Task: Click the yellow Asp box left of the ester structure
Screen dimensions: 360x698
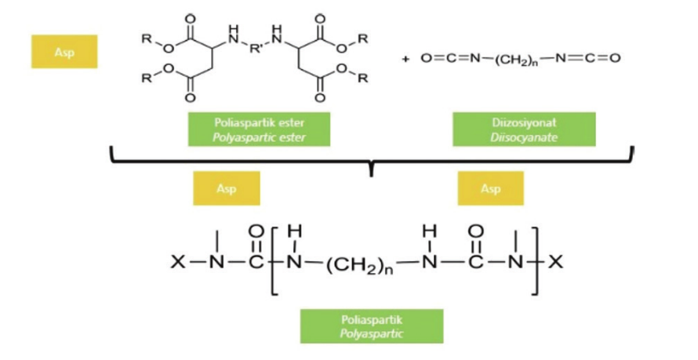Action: pos(64,51)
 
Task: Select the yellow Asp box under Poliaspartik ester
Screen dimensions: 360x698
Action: pos(226,188)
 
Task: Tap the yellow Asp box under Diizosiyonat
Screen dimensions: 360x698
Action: pos(490,188)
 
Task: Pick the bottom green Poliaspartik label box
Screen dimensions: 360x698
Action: pos(371,325)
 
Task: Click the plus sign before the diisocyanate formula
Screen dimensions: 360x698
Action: pos(406,59)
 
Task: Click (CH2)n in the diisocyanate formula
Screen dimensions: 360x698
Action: pos(513,59)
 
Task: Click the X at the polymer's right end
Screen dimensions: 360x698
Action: pos(556,262)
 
